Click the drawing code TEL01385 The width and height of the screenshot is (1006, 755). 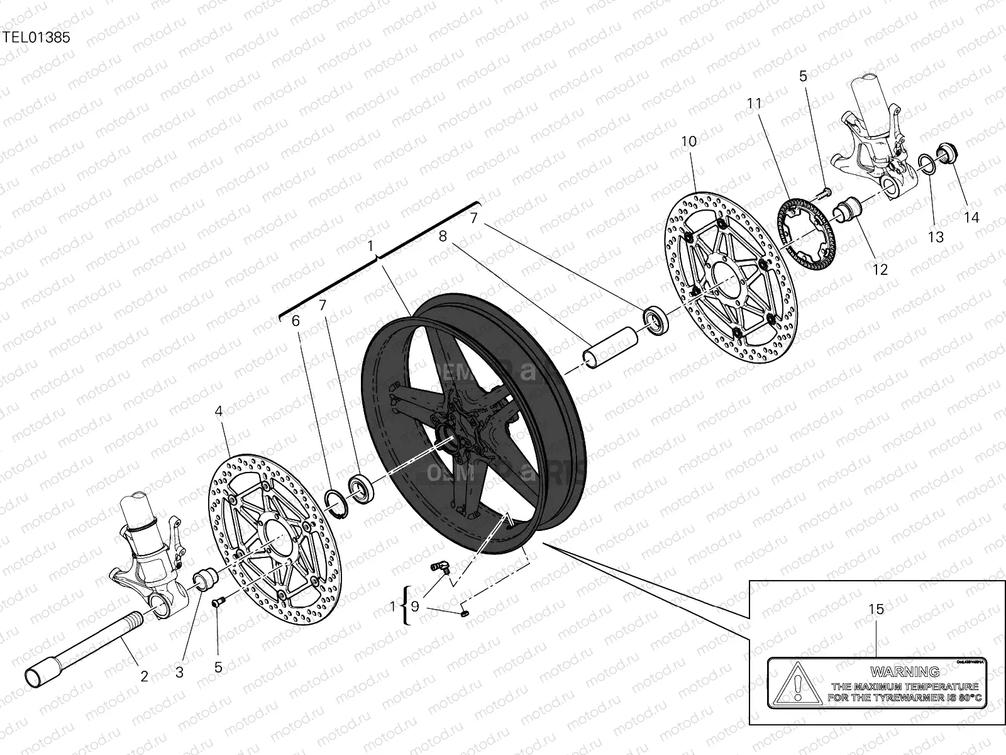[x=35, y=37]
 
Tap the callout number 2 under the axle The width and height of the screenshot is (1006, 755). [x=144, y=677]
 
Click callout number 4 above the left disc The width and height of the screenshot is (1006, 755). [x=218, y=411]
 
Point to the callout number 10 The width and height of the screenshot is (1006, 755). [x=689, y=142]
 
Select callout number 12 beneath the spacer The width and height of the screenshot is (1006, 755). [x=880, y=269]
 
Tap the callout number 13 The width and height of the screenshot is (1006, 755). [x=936, y=237]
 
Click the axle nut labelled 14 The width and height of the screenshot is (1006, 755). [x=945, y=152]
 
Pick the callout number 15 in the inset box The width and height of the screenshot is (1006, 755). [x=876, y=609]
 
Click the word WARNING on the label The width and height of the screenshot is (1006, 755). [x=905, y=671]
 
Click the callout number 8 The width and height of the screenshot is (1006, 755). [x=443, y=236]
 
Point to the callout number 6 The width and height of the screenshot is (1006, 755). [x=296, y=320]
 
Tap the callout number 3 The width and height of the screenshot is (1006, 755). [x=179, y=673]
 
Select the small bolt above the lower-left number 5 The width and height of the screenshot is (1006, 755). [x=218, y=603]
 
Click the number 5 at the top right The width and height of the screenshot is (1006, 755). [x=803, y=76]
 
